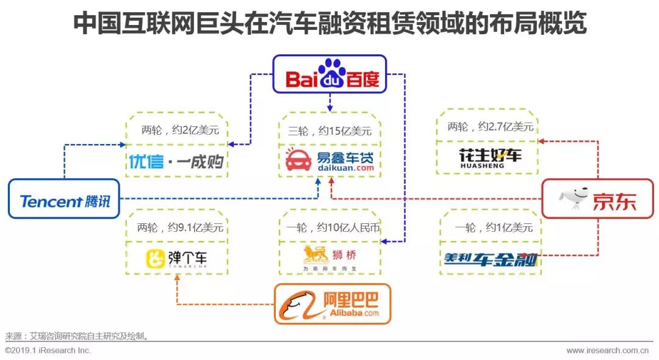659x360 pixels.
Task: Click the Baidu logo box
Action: (329, 74)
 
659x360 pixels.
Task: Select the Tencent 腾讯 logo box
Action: (64, 200)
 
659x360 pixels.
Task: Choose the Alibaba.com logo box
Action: (333, 304)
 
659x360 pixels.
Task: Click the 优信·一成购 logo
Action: (176, 162)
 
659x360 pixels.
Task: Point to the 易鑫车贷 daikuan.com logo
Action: (329, 160)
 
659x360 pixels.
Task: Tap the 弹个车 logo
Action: (176, 259)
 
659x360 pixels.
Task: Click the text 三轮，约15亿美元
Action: (329, 131)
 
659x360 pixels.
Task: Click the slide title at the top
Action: (329, 24)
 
